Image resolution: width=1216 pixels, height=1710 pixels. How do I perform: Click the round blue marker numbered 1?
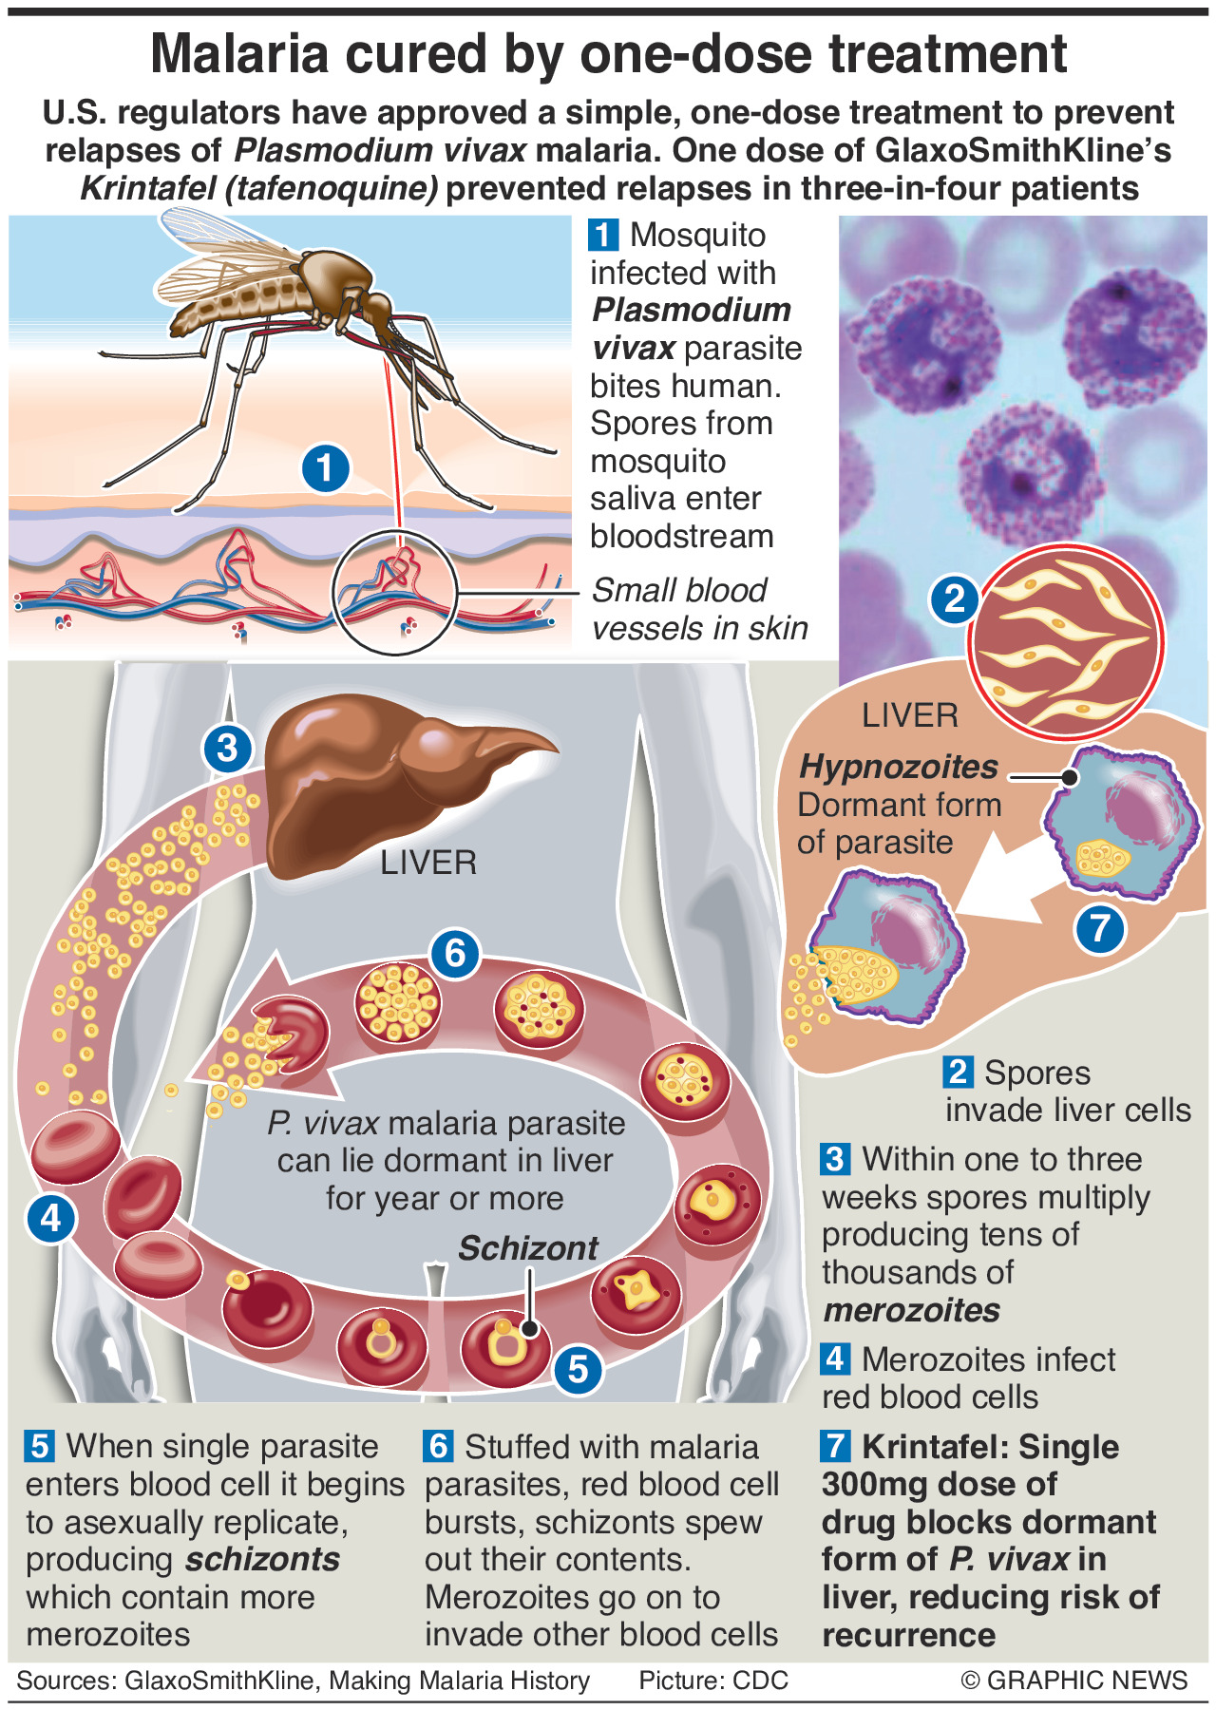click(x=325, y=468)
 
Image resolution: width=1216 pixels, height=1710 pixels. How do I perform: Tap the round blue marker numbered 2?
click(x=954, y=598)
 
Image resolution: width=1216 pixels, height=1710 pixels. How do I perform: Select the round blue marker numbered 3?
click(x=227, y=748)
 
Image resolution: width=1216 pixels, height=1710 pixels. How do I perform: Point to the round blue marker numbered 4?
click(x=50, y=1217)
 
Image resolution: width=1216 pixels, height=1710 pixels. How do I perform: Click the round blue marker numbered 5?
click(x=578, y=1369)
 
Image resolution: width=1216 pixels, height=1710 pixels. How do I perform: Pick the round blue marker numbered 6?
click(x=454, y=952)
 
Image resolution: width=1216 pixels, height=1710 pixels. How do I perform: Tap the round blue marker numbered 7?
click(x=1099, y=927)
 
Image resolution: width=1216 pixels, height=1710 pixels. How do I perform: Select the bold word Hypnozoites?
click(x=898, y=767)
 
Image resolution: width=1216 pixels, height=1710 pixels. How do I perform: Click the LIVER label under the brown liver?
click(x=428, y=863)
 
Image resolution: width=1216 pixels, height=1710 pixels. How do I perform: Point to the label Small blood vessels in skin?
click(x=699, y=609)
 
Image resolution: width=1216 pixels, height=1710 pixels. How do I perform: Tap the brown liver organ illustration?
click(x=380, y=779)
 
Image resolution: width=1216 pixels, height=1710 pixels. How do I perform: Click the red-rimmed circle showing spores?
click(x=1066, y=642)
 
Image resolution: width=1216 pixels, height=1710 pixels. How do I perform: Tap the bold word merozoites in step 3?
click(x=911, y=1310)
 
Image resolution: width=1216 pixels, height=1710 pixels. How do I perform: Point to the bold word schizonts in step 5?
click(x=262, y=1559)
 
